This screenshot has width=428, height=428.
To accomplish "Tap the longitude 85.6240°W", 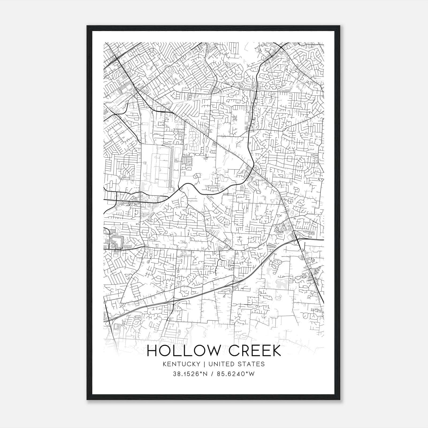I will click(236, 374).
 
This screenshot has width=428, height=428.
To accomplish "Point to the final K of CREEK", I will click(276, 351).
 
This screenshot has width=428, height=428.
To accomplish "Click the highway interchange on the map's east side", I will click(298, 239).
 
